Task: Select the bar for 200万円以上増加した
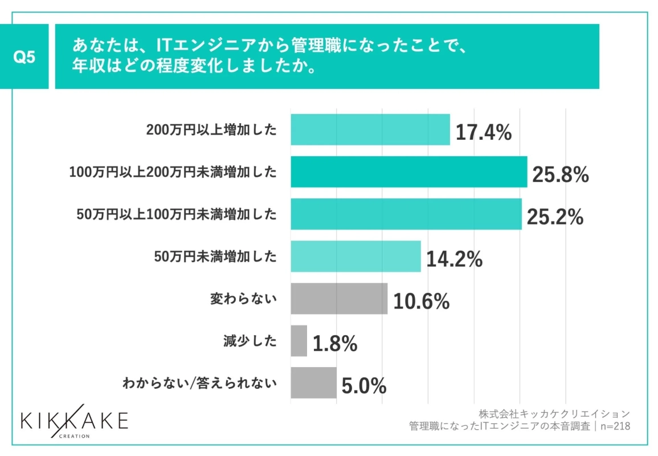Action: (370, 129)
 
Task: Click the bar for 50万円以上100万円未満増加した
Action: (406, 214)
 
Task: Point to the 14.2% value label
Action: (454, 259)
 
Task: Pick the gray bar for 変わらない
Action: (339, 298)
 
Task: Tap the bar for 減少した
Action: (299, 341)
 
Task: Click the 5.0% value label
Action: (364, 386)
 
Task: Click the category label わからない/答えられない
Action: (199, 383)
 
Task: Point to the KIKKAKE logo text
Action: (74, 421)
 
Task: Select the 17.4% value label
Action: (483, 133)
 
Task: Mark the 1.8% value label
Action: (335, 344)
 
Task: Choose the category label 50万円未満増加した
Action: (215, 256)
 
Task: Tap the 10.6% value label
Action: (421, 302)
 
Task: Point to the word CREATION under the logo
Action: (74, 436)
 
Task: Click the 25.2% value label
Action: (555, 217)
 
